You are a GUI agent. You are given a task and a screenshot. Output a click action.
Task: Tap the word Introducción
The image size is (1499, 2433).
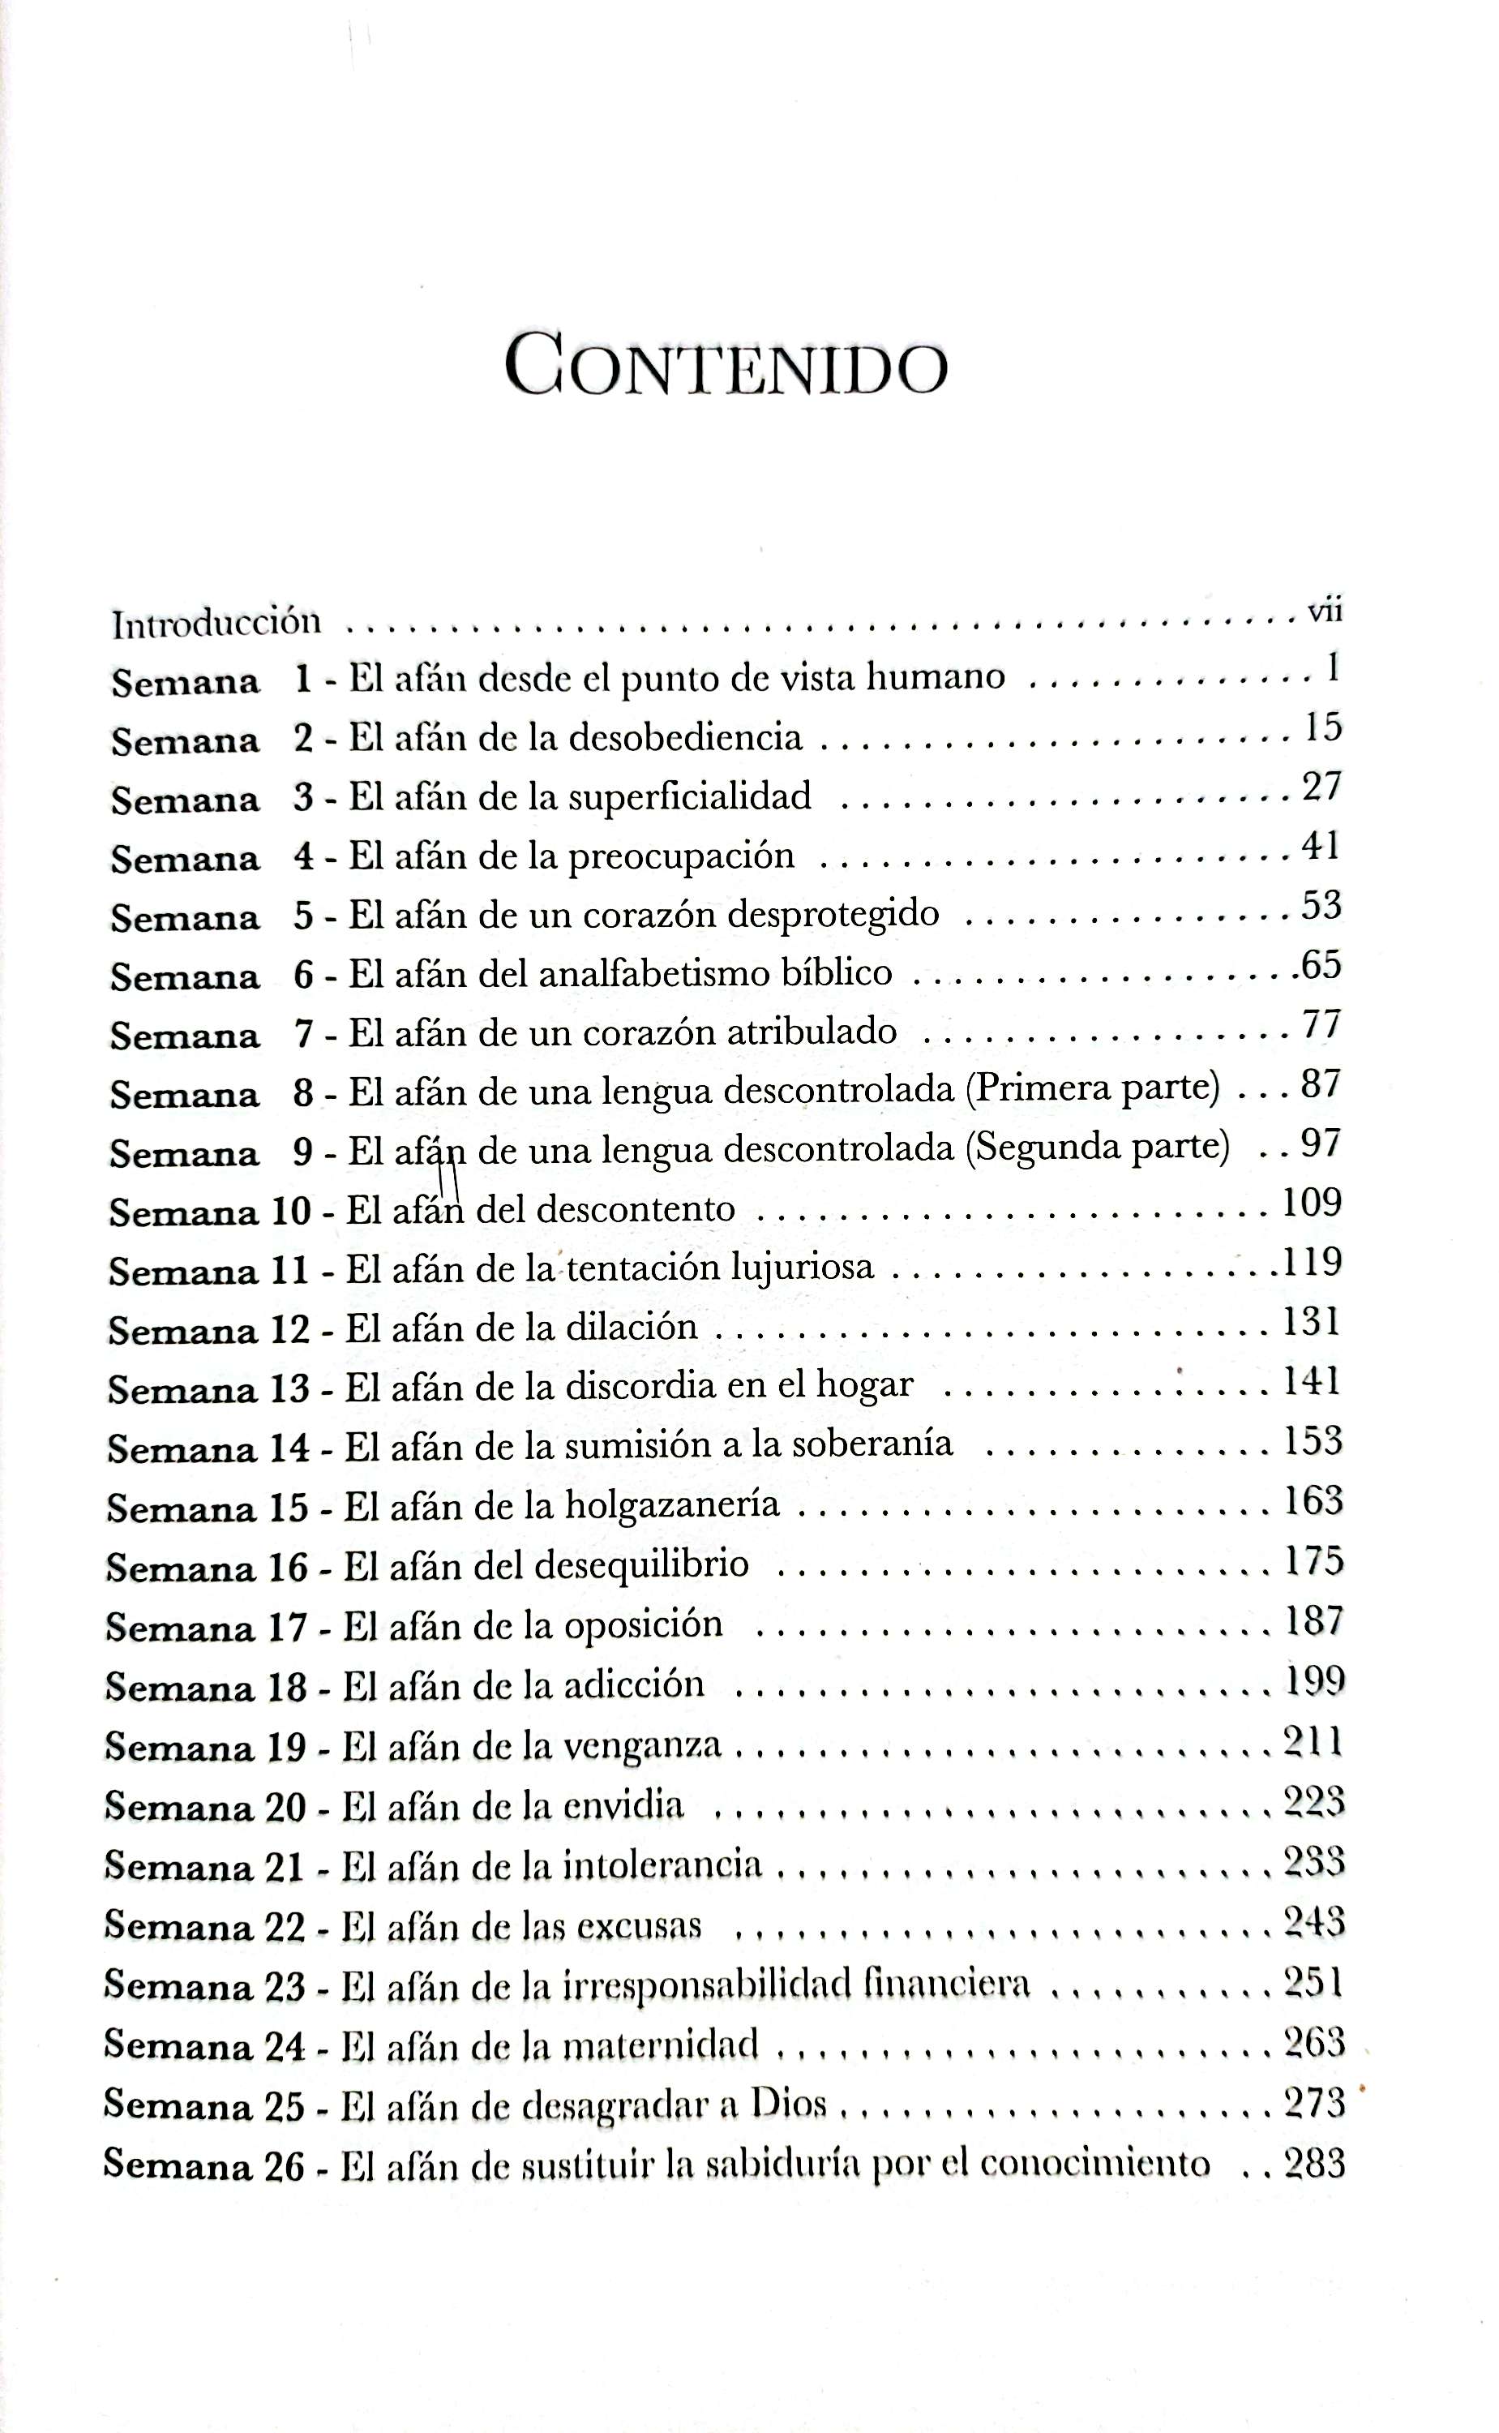(216, 623)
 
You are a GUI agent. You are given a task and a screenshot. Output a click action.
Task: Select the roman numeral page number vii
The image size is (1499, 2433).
(1325, 611)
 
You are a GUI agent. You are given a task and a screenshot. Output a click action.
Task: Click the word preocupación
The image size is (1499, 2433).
(681, 856)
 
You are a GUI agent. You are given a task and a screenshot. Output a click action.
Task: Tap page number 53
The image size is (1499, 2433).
(1321, 905)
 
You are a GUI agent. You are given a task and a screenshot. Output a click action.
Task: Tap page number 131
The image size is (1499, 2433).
(1311, 1322)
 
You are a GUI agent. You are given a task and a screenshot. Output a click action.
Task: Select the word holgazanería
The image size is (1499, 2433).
(672, 1505)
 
